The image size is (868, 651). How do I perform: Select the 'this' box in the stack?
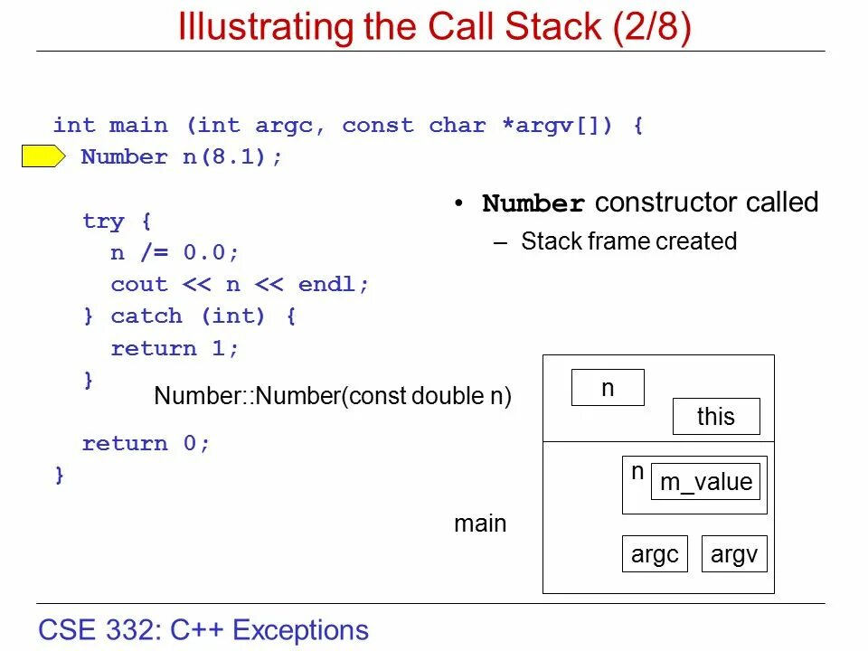(x=716, y=417)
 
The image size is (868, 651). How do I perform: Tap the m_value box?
(x=706, y=482)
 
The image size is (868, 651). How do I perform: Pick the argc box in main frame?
(x=655, y=554)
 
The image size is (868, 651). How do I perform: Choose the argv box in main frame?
(x=734, y=554)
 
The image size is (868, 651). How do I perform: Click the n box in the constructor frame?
(x=608, y=388)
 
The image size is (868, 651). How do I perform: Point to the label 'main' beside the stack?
(x=480, y=524)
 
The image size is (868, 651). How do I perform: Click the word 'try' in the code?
(x=103, y=222)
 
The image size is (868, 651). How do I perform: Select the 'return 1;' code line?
(x=175, y=349)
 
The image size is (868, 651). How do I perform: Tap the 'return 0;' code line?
(x=146, y=444)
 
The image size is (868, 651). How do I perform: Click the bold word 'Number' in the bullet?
(x=533, y=203)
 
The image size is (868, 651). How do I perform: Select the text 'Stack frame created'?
(x=628, y=241)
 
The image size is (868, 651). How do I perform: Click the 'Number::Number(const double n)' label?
(x=333, y=396)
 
